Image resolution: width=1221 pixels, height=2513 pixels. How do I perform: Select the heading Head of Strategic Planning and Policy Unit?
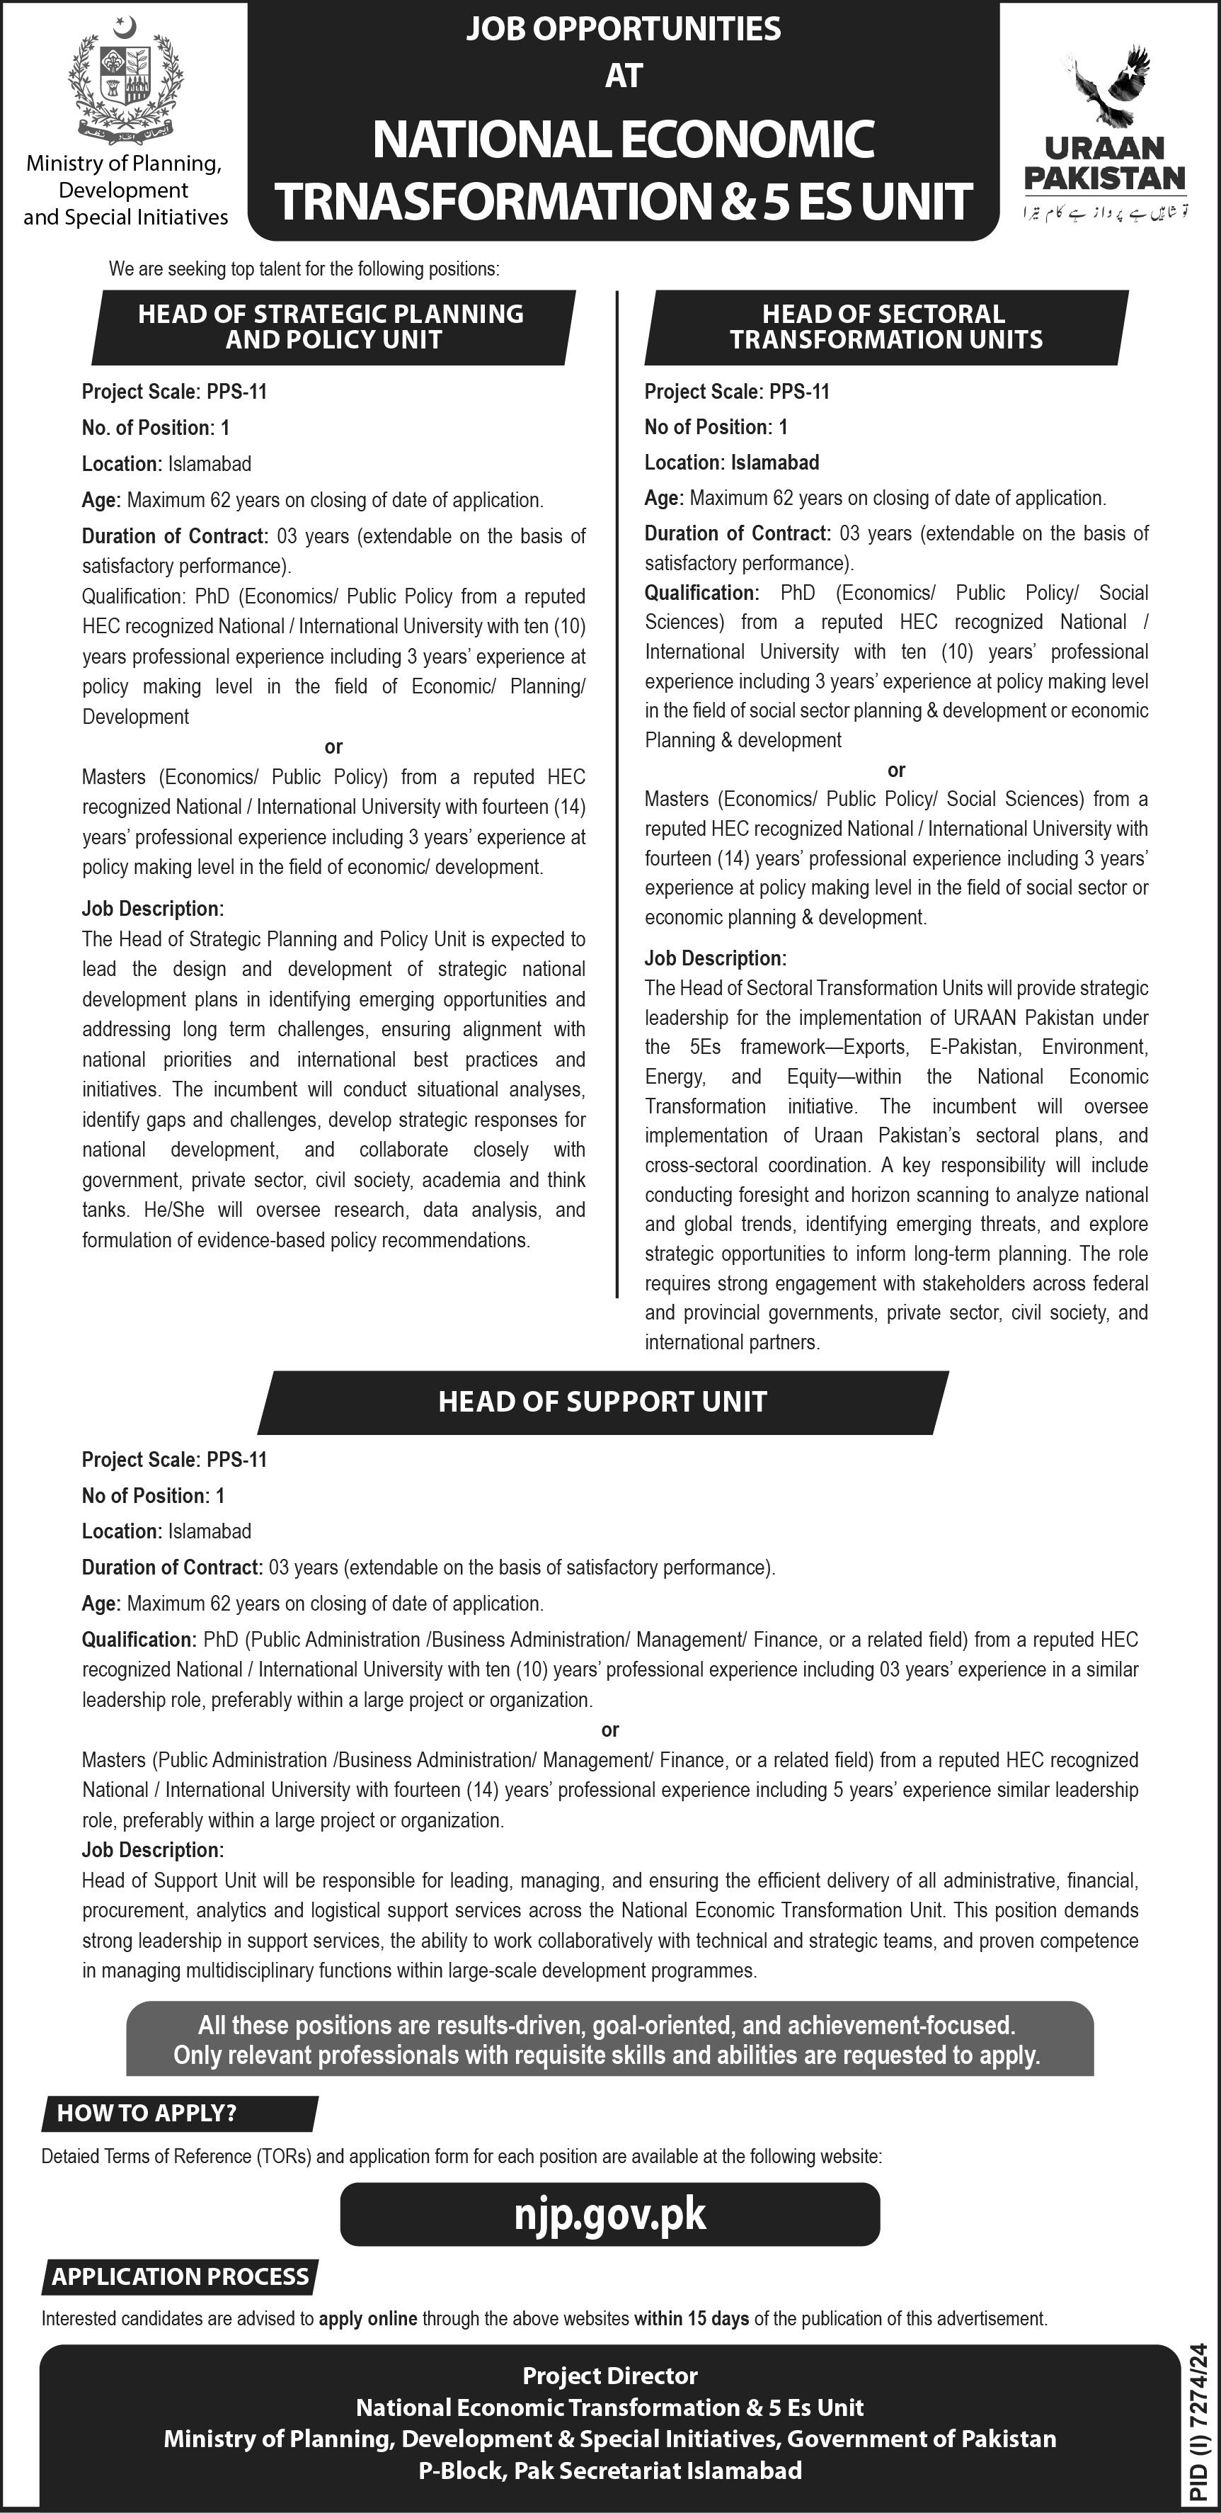pyautogui.click(x=331, y=327)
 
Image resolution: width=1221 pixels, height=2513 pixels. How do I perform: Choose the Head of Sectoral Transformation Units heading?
pyautogui.click(x=885, y=327)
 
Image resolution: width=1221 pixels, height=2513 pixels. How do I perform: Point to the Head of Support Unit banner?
pyautogui.click(x=602, y=1402)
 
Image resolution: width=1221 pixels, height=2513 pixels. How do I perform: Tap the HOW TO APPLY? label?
pyautogui.click(x=147, y=2113)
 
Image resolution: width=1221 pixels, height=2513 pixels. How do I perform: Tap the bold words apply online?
pyautogui.click(x=367, y=2319)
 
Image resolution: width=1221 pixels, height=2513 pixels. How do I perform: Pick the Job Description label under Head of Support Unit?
pyautogui.click(x=153, y=1849)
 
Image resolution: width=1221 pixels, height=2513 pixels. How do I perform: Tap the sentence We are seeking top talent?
pyautogui.click(x=303, y=269)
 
